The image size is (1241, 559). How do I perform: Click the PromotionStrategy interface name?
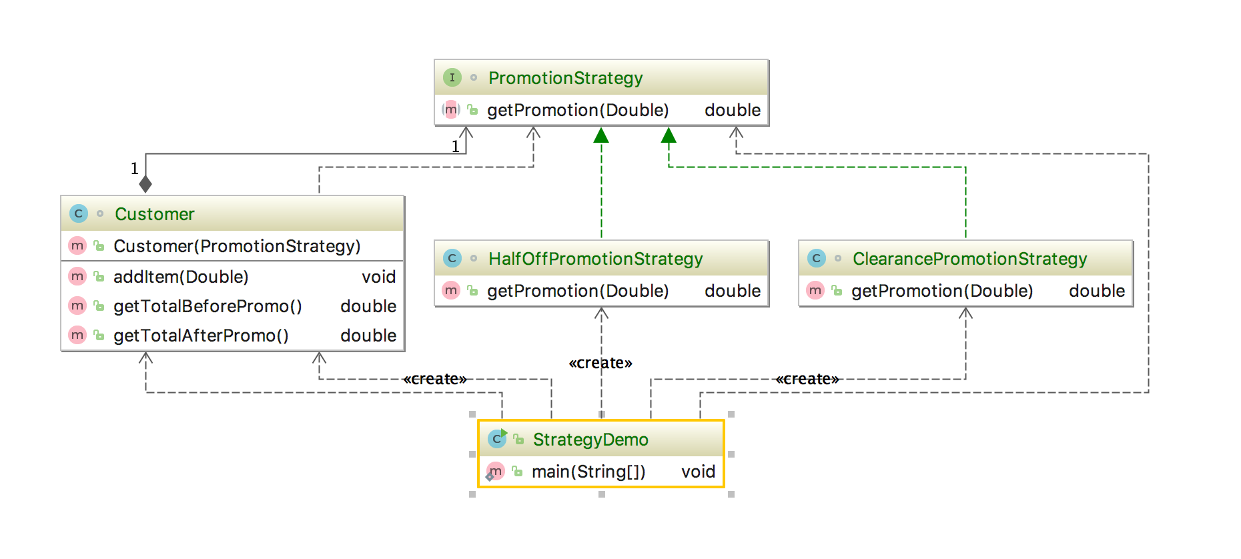(x=565, y=78)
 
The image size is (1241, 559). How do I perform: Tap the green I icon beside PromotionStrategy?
(x=452, y=77)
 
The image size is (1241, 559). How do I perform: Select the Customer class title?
(x=154, y=214)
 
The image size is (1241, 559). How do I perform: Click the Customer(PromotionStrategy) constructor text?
(x=236, y=246)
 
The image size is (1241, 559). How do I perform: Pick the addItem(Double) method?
(x=180, y=277)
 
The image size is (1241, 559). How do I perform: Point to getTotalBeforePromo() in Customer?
(x=207, y=306)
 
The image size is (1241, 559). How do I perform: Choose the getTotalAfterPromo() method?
(x=200, y=336)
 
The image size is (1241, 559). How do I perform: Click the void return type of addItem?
(x=378, y=277)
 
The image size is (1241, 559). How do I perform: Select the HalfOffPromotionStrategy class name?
(x=595, y=259)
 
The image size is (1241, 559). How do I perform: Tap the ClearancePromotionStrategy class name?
(x=969, y=259)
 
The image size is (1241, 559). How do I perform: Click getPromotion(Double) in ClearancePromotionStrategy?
(x=941, y=291)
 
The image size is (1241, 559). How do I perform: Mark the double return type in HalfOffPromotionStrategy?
(x=732, y=291)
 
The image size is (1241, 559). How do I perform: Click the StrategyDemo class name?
(x=590, y=440)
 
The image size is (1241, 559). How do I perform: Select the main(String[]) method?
(x=588, y=472)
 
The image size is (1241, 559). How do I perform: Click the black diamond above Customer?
(x=145, y=183)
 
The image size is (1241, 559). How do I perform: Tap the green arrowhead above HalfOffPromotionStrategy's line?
(x=601, y=136)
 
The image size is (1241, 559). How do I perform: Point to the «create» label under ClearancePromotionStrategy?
(x=807, y=379)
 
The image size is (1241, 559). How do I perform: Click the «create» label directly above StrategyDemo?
(x=600, y=363)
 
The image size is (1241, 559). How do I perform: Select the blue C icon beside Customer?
(x=78, y=213)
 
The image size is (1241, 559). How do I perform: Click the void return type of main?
(x=698, y=472)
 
